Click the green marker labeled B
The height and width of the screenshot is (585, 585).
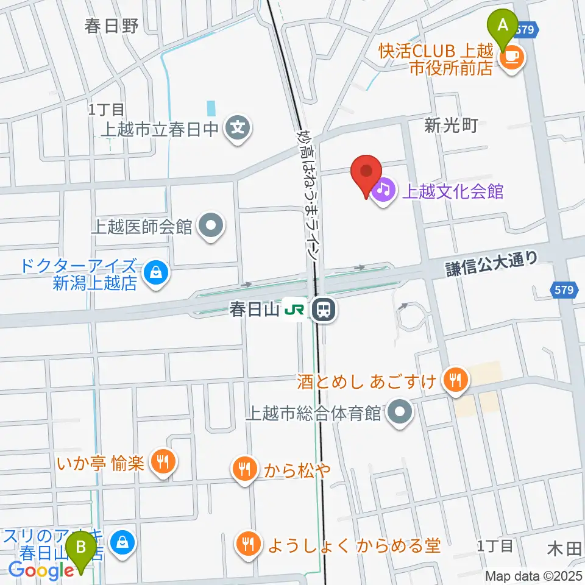[80, 550]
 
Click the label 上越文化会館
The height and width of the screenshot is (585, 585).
[452, 191]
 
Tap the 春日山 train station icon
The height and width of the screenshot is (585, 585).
[324, 310]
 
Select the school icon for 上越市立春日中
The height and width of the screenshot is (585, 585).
[235, 129]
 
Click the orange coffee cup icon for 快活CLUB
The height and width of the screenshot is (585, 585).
[511, 58]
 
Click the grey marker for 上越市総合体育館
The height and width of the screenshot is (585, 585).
[400, 413]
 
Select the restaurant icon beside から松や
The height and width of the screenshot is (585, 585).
[244, 469]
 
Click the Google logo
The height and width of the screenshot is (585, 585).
[40, 571]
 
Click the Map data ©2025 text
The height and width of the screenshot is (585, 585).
[534, 576]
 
